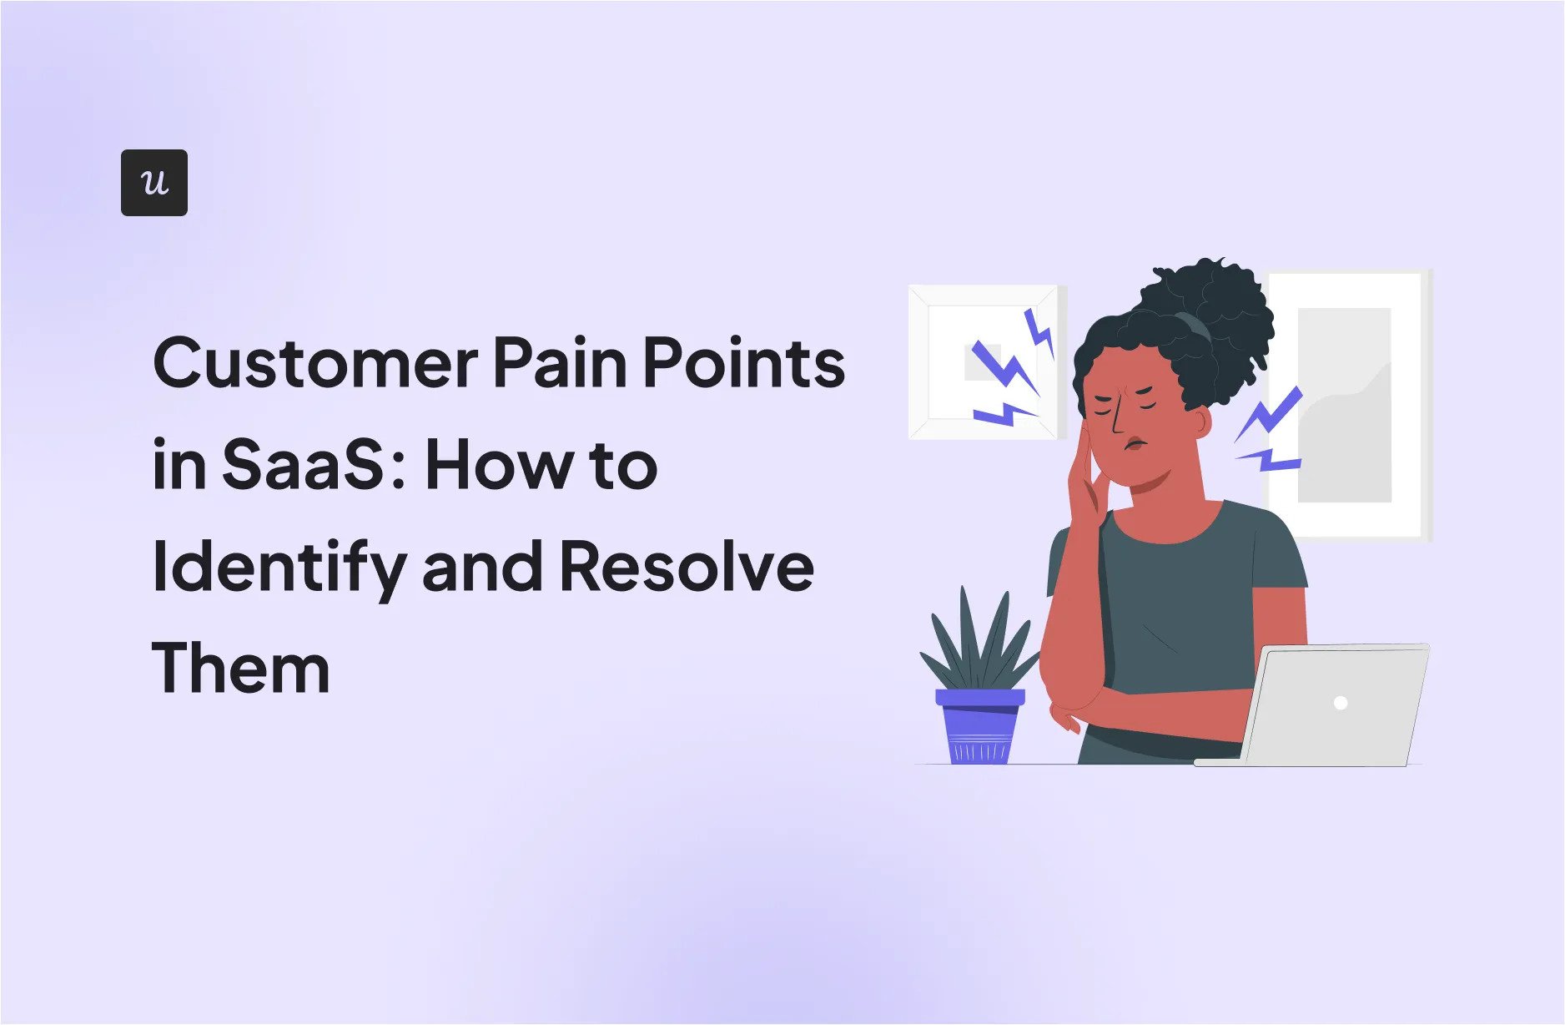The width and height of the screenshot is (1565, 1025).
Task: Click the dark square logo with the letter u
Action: tap(154, 183)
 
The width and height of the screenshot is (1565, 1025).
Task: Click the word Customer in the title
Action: tap(315, 364)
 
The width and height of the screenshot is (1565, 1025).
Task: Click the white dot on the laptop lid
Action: tap(1341, 703)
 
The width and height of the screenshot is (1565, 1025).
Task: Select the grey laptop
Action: tap(1318, 705)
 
